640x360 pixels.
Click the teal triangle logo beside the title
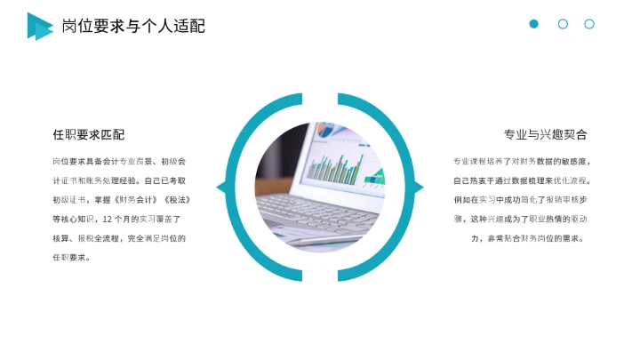tap(39, 26)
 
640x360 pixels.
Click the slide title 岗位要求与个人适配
tap(133, 26)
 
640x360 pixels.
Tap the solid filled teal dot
tap(533, 24)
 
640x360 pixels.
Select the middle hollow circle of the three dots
tap(563, 24)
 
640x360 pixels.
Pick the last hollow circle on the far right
tap(589, 24)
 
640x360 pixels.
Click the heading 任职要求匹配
tap(88, 135)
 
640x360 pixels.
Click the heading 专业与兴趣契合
tap(545, 135)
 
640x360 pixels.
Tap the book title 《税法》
tap(177, 199)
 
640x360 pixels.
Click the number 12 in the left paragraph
tap(108, 219)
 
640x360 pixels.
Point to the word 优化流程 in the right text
tap(572, 180)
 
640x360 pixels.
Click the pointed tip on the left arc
tap(220, 187)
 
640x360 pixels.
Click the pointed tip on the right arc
tap(420, 187)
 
